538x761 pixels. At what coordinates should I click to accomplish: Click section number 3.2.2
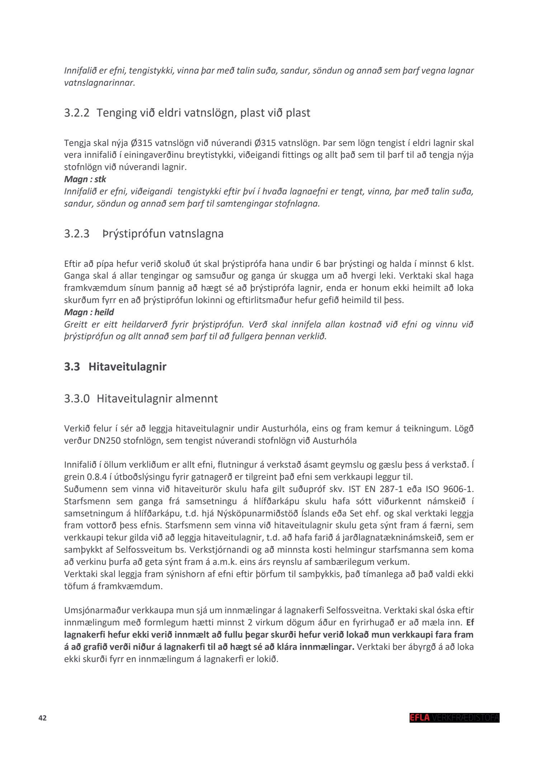(x=77, y=113)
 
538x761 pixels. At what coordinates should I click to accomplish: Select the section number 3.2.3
(x=77, y=234)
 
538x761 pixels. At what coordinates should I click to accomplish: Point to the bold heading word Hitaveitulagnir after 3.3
(x=127, y=367)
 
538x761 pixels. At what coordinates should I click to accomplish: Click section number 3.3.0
(x=77, y=399)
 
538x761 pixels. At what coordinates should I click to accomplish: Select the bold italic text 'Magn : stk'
(x=85, y=179)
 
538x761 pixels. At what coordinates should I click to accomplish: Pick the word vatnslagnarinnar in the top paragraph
(x=99, y=83)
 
